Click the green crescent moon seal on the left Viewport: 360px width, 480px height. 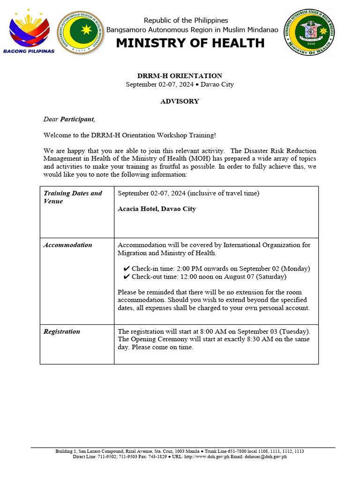[x=81, y=32]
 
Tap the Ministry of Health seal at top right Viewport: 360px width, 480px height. [x=309, y=32]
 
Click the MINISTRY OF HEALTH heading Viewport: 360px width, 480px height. [x=190, y=43]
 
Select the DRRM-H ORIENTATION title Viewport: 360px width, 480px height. [x=180, y=76]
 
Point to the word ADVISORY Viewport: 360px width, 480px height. [x=180, y=101]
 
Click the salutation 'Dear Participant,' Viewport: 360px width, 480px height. [x=69, y=120]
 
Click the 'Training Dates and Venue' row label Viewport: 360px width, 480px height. [x=73, y=197]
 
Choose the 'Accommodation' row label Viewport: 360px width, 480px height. [x=67, y=245]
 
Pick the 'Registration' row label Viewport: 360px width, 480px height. [x=61, y=331]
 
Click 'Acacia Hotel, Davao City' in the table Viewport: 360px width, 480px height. [x=157, y=209]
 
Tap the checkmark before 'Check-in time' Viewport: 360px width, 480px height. [x=127, y=269]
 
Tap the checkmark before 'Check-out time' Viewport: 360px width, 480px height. [x=127, y=277]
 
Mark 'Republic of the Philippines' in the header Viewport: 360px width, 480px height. [x=186, y=20]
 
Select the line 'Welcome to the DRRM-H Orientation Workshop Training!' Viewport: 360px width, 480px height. [x=130, y=135]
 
